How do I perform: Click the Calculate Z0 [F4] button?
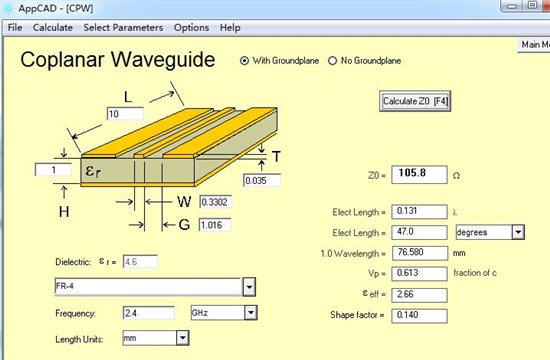[x=415, y=101]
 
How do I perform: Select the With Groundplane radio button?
[x=244, y=61]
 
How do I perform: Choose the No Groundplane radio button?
[x=332, y=61]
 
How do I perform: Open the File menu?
[x=15, y=27]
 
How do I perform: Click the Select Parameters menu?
[x=123, y=27]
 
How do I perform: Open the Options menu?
[x=192, y=27]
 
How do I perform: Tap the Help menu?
[x=230, y=27]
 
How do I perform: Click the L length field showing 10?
[x=125, y=114]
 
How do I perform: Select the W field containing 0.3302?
[x=215, y=202]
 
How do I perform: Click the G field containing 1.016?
[x=215, y=225]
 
